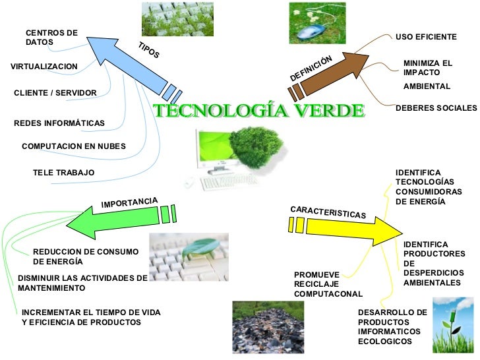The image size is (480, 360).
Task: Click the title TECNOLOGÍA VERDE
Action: (x=258, y=111)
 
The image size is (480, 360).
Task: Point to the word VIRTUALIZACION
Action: (x=44, y=67)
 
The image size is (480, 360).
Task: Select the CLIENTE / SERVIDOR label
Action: (x=55, y=93)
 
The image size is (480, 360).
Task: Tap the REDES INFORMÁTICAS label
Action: (x=59, y=123)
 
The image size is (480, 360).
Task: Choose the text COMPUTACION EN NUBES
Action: (x=73, y=146)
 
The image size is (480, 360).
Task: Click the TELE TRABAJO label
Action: (x=63, y=173)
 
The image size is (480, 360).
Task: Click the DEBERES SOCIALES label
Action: (x=436, y=107)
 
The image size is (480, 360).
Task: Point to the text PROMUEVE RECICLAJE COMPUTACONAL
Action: (x=328, y=284)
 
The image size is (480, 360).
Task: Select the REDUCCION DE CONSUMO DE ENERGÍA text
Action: (x=85, y=256)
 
